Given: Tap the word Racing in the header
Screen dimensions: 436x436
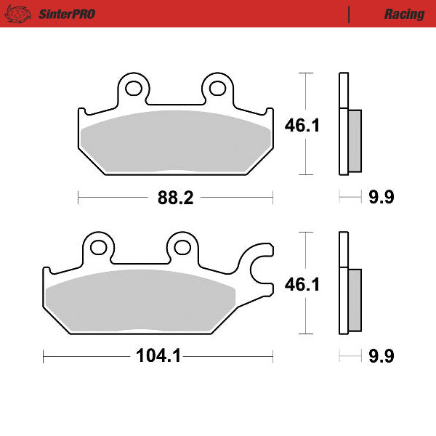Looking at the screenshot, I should [x=404, y=14].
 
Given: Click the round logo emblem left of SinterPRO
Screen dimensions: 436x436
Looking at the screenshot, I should [x=21, y=14].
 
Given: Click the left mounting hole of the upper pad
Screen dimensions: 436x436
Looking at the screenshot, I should [x=133, y=89].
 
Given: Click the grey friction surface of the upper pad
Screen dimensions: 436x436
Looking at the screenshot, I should [x=174, y=142].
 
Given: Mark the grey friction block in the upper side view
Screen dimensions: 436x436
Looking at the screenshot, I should [x=355, y=141].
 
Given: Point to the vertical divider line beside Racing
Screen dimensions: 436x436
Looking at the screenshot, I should [x=350, y=14].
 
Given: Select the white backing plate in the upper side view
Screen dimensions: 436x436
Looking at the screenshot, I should [x=343, y=124].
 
